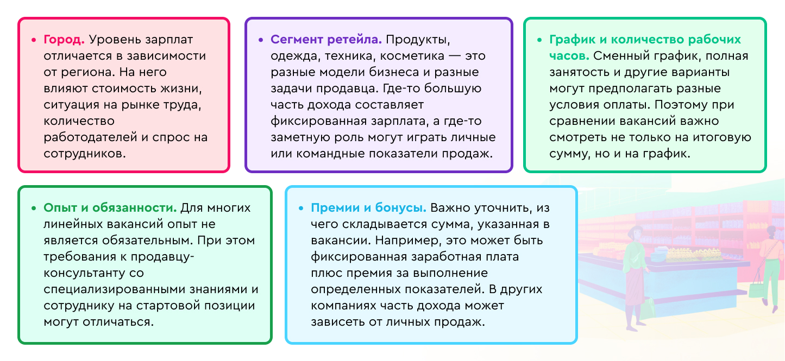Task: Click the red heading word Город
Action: pos(64,40)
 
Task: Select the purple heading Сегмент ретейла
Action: pos(326,39)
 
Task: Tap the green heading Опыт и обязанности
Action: pos(110,207)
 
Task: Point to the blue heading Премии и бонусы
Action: pos(368,207)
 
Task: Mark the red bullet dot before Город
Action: pos(34,40)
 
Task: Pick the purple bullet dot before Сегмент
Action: pos(261,40)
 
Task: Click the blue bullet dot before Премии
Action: pos(301,208)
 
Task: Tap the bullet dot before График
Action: pos(539,40)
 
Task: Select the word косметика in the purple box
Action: pos(412,56)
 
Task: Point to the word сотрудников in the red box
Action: pos(84,154)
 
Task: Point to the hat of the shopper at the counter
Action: pos(635,232)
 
